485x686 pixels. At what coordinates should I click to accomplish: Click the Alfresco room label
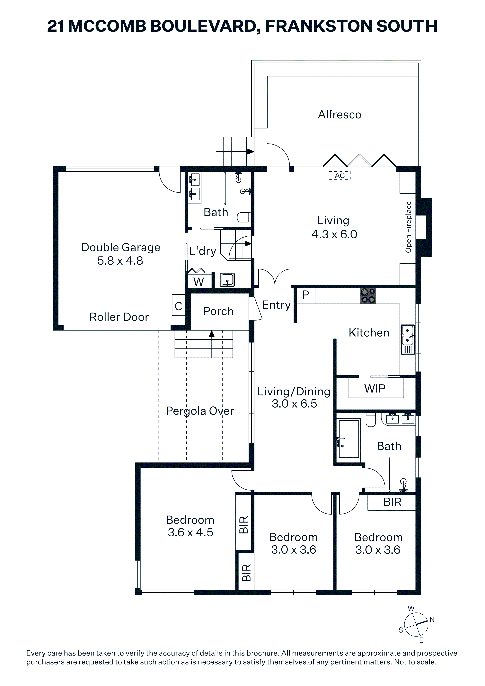click(339, 115)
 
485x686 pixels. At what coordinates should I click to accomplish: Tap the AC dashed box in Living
click(339, 175)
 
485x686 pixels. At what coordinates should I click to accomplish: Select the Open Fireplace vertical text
click(408, 227)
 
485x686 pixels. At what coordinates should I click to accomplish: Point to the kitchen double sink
click(408, 339)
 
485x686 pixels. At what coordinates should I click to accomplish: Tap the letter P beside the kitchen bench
click(305, 295)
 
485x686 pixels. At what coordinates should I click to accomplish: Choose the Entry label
click(276, 305)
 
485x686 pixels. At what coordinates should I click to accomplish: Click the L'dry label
click(202, 251)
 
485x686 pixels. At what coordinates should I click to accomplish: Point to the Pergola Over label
click(200, 411)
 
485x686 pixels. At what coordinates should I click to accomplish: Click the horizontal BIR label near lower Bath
click(392, 502)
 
